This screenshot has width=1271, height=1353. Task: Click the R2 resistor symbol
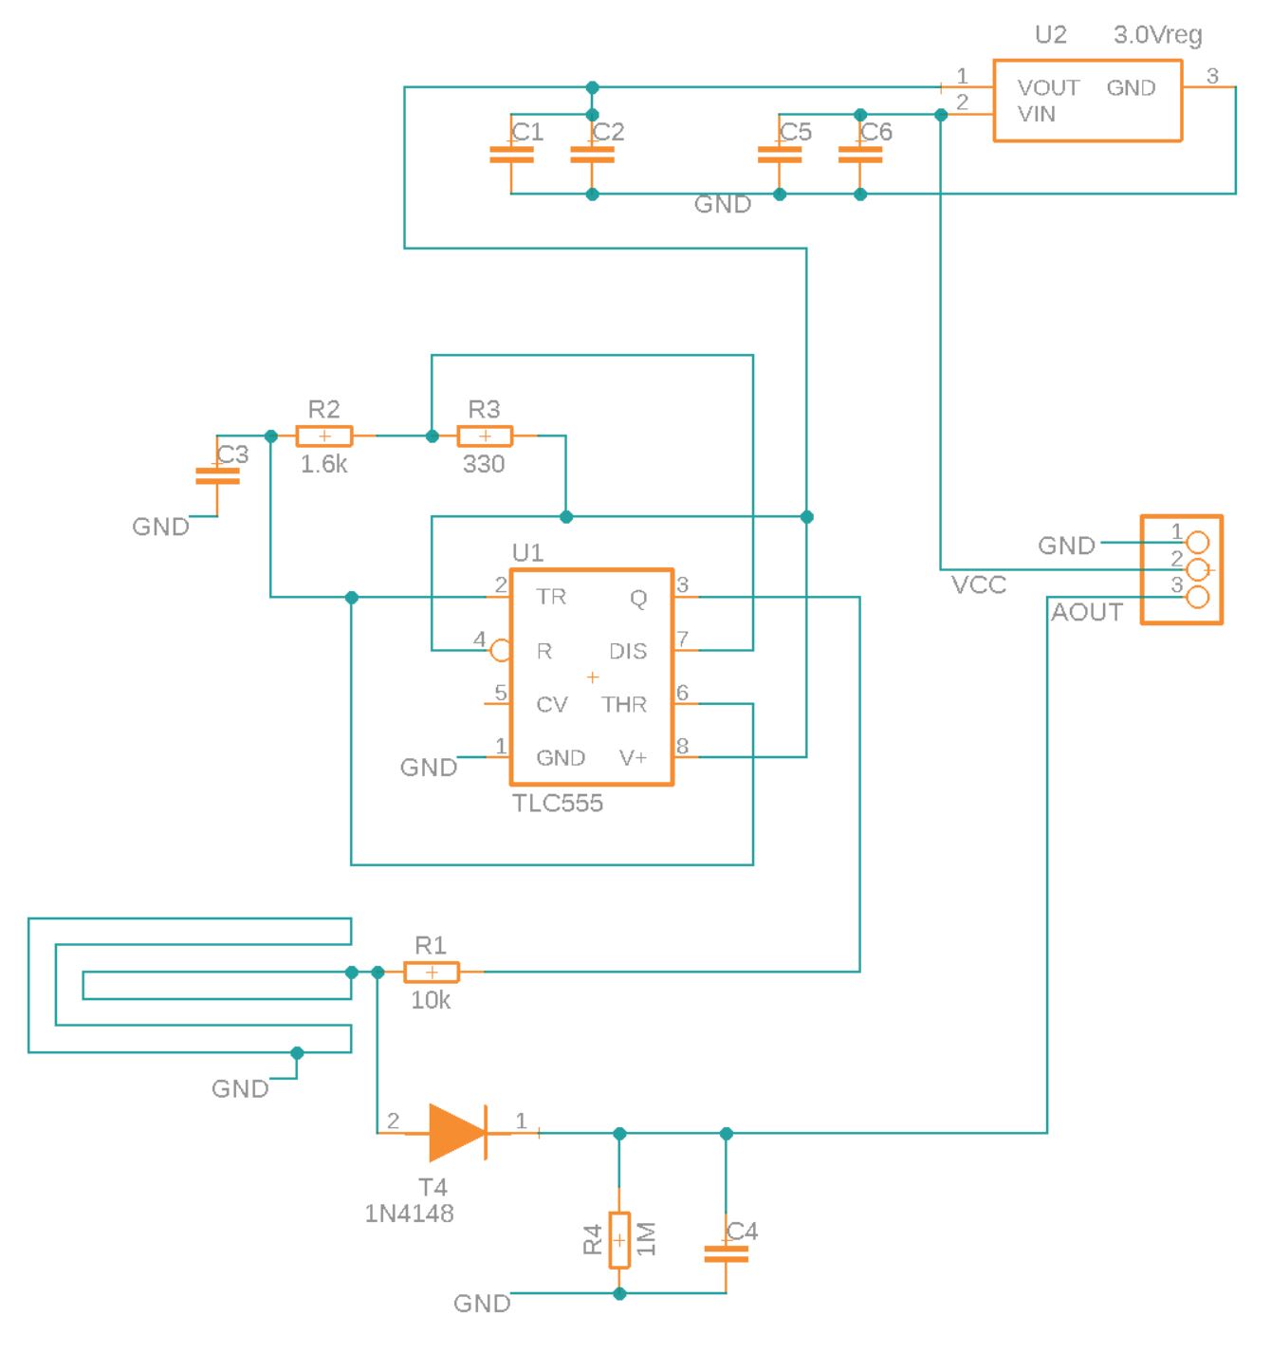tap(323, 436)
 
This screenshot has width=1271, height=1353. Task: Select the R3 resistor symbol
tap(485, 436)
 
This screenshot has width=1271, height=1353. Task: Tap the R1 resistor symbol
tap(432, 972)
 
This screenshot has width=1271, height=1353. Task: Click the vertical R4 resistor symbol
tap(619, 1240)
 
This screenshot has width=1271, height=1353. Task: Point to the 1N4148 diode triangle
tap(456, 1133)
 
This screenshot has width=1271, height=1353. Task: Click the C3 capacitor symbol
tap(217, 476)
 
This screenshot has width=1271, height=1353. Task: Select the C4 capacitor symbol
tap(726, 1253)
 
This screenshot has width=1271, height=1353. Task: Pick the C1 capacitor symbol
tap(511, 155)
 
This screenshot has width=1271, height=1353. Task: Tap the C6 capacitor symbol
tap(860, 155)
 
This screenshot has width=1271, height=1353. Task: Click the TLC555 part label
tap(558, 804)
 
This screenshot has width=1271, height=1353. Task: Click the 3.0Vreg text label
tap(1157, 35)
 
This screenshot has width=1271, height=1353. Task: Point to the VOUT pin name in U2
tap(1048, 88)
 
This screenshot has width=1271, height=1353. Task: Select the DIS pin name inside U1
tap(628, 651)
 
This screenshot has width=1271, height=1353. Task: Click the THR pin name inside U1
tap(624, 705)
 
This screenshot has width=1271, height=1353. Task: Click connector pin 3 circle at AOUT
tap(1198, 597)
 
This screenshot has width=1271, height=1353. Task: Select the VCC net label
tap(978, 585)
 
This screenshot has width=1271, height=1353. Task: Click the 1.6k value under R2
tap(323, 465)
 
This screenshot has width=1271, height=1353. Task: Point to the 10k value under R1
tap(431, 1000)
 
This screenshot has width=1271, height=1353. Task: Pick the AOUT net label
tap(1087, 613)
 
